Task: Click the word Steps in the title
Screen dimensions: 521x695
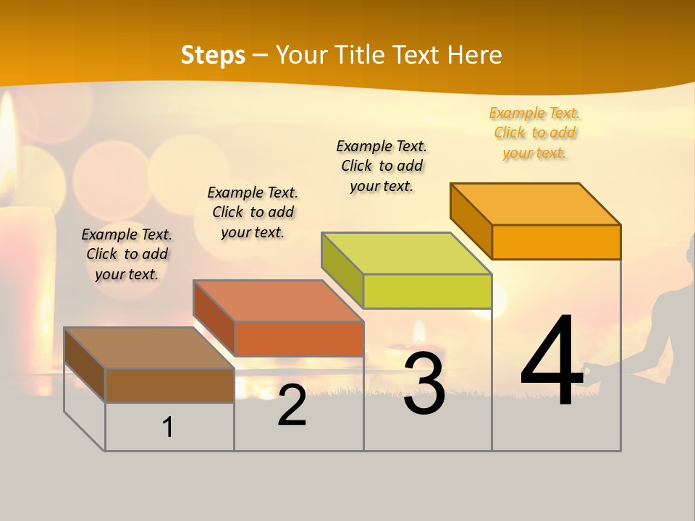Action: pos(213,55)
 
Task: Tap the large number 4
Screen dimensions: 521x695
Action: pos(552,362)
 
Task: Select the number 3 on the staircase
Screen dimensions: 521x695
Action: pos(424,384)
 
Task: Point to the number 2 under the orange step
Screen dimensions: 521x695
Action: pos(292,406)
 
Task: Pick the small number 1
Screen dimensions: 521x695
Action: pos(168,428)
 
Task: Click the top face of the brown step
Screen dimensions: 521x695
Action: pos(148,348)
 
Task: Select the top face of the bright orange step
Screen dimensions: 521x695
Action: pos(536,204)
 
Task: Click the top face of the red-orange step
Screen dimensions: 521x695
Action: pos(278,301)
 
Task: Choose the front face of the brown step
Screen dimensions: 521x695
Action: pos(169,385)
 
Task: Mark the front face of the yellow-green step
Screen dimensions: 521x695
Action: pos(427,291)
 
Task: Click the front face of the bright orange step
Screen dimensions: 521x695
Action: pos(556,242)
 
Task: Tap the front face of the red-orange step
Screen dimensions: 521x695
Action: pos(298,339)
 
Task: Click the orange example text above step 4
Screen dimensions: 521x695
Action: pos(534,133)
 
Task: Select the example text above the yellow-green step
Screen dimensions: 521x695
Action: pos(382,166)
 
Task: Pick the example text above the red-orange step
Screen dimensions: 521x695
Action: pos(253,212)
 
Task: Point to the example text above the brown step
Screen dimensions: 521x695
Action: pos(127,254)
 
